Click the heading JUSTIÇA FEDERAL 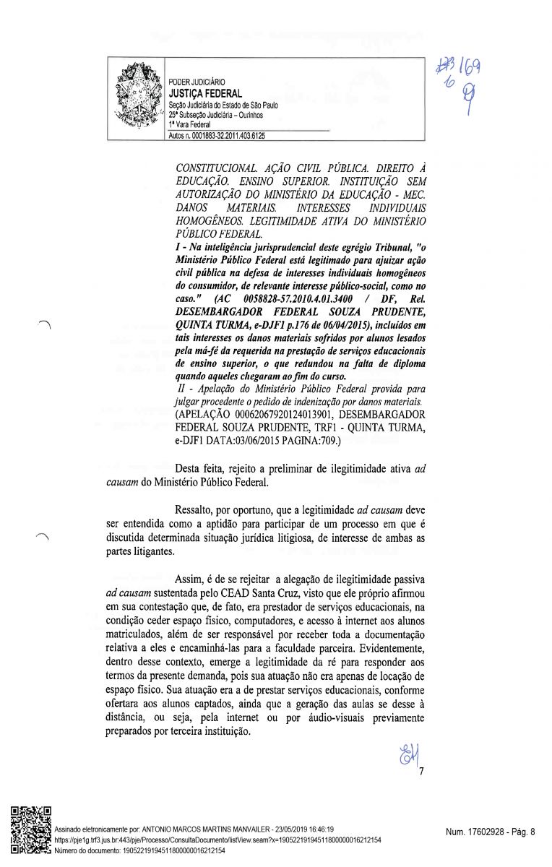coord(205,94)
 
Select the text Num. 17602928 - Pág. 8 coord(491,832)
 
